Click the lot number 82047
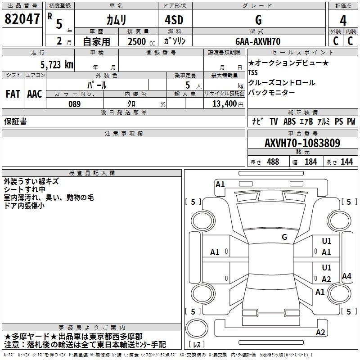(x=21, y=19)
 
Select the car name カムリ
(x=116, y=20)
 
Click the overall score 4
(x=343, y=20)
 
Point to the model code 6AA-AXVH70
(x=258, y=41)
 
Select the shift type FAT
(x=13, y=94)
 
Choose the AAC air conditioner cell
(x=35, y=94)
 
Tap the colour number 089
(x=74, y=104)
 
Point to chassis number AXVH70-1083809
(x=302, y=143)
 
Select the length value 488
(x=273, y=162)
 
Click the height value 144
(x=346, y=162)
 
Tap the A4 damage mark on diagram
(x=346, y=276)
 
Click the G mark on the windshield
(x=284, y=237)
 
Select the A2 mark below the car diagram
(x=320, y=333)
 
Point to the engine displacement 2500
(x=137, y=41)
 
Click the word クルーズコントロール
(x=282, y=83)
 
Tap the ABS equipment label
(x=289, y=121)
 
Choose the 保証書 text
(x=15, y=121)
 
